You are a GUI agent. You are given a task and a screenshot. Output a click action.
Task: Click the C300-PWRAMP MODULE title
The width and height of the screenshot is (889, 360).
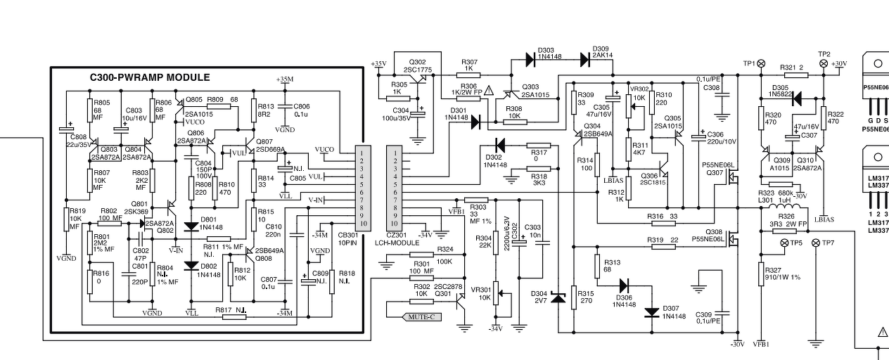(150, 77)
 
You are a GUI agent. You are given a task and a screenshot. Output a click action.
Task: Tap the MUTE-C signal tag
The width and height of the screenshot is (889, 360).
(421, 317)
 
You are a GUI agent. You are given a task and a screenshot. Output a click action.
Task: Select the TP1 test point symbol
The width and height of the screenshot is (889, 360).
(760, 63)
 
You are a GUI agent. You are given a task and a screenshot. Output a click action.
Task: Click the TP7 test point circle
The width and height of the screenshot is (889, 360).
(816, 243)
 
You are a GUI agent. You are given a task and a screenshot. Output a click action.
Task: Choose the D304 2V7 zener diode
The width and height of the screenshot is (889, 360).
(558, 298)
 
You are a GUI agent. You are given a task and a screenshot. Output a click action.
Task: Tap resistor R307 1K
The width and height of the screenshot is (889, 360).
(469, 75)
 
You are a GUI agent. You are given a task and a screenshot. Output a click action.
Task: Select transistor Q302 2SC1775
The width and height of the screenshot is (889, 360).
(420, 79)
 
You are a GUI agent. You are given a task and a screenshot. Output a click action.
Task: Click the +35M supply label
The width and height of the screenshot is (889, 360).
(285, 79)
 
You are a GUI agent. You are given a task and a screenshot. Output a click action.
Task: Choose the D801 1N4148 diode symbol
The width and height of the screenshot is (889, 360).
(191, 226)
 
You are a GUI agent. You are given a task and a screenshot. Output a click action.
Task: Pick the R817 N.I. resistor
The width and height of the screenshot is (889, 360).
(234, 316)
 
